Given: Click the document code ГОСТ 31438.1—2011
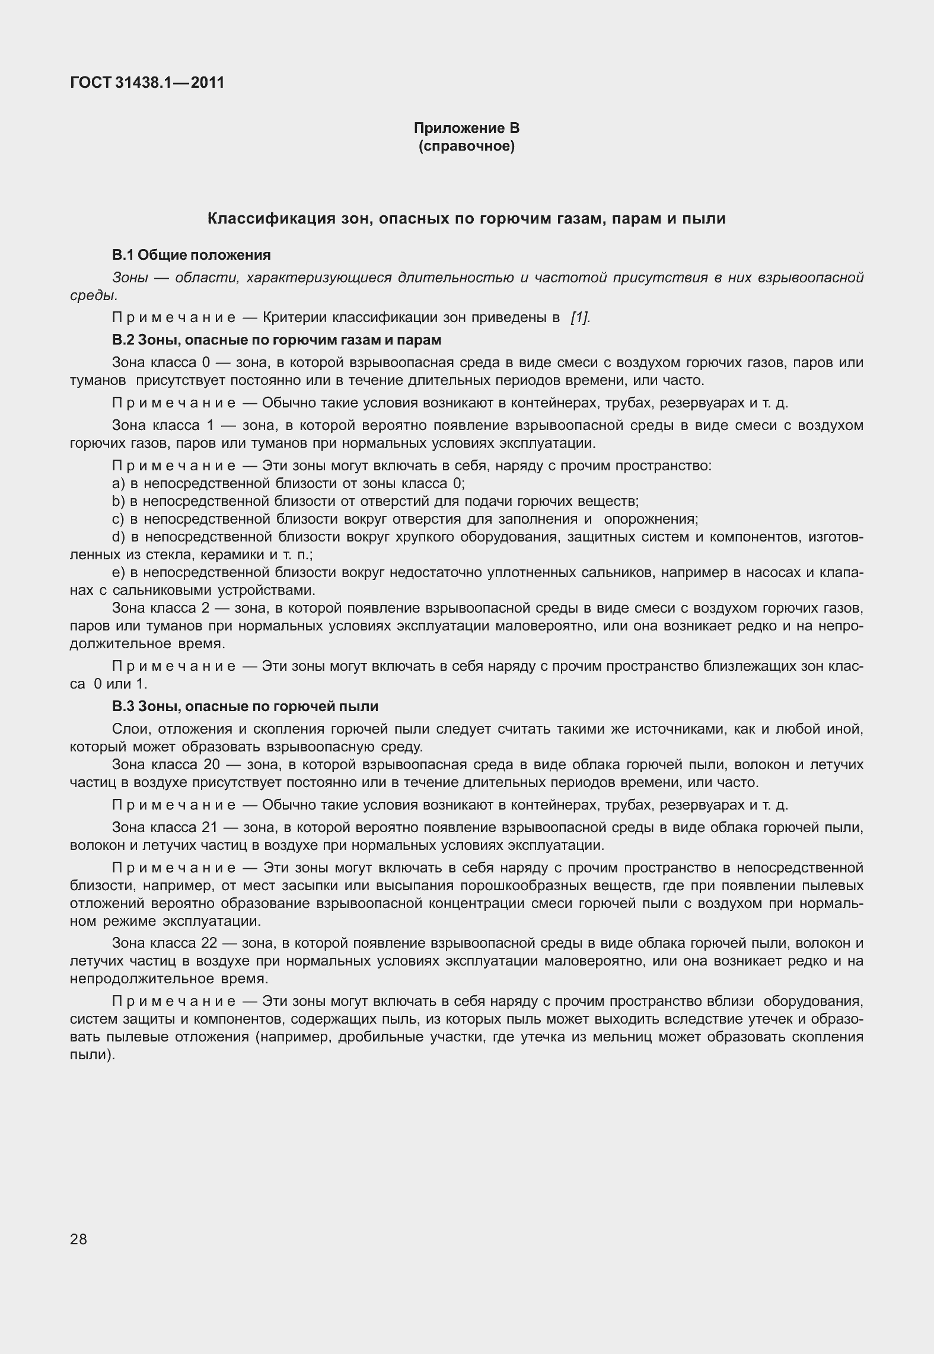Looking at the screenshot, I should pos(147,82).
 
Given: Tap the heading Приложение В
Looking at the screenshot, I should pos(466,128).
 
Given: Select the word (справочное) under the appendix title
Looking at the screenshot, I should pos(466,146).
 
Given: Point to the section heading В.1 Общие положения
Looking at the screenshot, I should pos(191,255).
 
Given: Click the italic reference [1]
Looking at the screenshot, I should pos(579,318).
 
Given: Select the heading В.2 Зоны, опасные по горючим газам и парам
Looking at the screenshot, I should pos(276,340).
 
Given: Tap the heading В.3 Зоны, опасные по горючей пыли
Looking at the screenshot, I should pos(245,707).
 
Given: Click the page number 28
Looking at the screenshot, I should pos(78,1240).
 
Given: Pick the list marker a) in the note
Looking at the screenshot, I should pos(117,483).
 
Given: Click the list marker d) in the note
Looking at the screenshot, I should pos(117,537).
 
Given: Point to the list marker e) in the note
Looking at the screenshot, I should pos(117,573).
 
